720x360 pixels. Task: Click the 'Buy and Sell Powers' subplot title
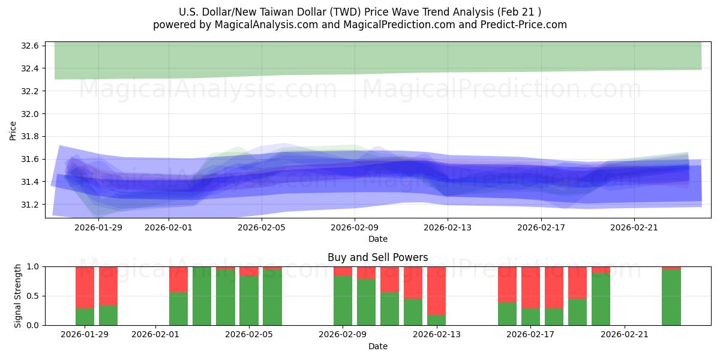[x=377, y=257]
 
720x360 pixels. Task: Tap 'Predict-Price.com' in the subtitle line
[x=526, y=25]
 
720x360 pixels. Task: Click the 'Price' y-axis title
[x=13, y=130]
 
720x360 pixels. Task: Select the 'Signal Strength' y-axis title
[x=18, y=296]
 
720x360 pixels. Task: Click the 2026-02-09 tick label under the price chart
[x=355, y=227]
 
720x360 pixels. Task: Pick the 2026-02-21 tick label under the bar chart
[x=625, y=335]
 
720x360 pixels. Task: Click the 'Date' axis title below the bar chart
[x=377, y=346]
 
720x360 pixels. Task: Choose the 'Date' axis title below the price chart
[x=377, y=239]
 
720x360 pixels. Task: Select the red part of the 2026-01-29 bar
[x=85, y=287]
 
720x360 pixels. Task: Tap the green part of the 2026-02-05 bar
[x=249, y=301]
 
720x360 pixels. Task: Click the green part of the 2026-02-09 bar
[x=343, y=301]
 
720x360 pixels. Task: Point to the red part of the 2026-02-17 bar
[x=530, y=287]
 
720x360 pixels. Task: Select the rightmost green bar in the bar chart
[x=671, y=298]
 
